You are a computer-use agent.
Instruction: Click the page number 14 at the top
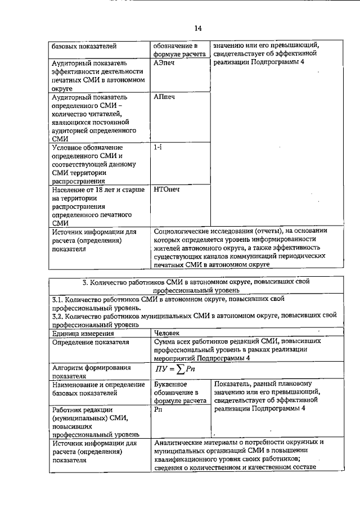[197, 28]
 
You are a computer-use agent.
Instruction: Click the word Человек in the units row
[168, 332]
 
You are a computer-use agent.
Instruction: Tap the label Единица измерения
[79, 333]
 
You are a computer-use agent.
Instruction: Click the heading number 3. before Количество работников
[85, 281]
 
